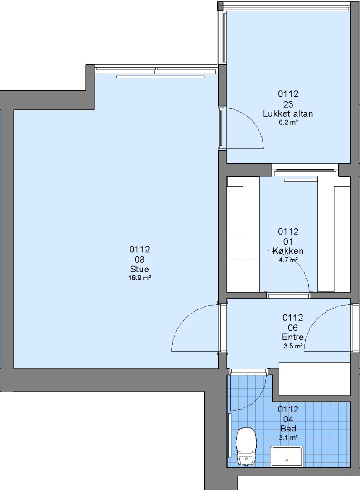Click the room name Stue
pyautogui.click(x=140, y=269)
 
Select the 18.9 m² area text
pyautogui.click(x=140, y=278)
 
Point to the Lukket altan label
pyautogui.click(x=288, y=113)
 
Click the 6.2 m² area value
pyautogui.click(x=288, y=122)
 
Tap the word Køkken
pyautogui.click(x=288, y=250)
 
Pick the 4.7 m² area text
pyautogui.click(x=288, y=260)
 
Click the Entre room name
pyautogui.click(x=292, y=337)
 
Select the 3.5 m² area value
pyautogui.click(x=292, y=346)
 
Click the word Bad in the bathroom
pyautogui.click(x=288, y=428)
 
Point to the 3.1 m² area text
pyautogui.click(x=288, y=437)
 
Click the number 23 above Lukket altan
pyautogui.click(x=288, y=104)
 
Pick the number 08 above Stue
pyautogui.click(x=140, y=260)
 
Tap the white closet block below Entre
pyautogui.click(x=314, y=378)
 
